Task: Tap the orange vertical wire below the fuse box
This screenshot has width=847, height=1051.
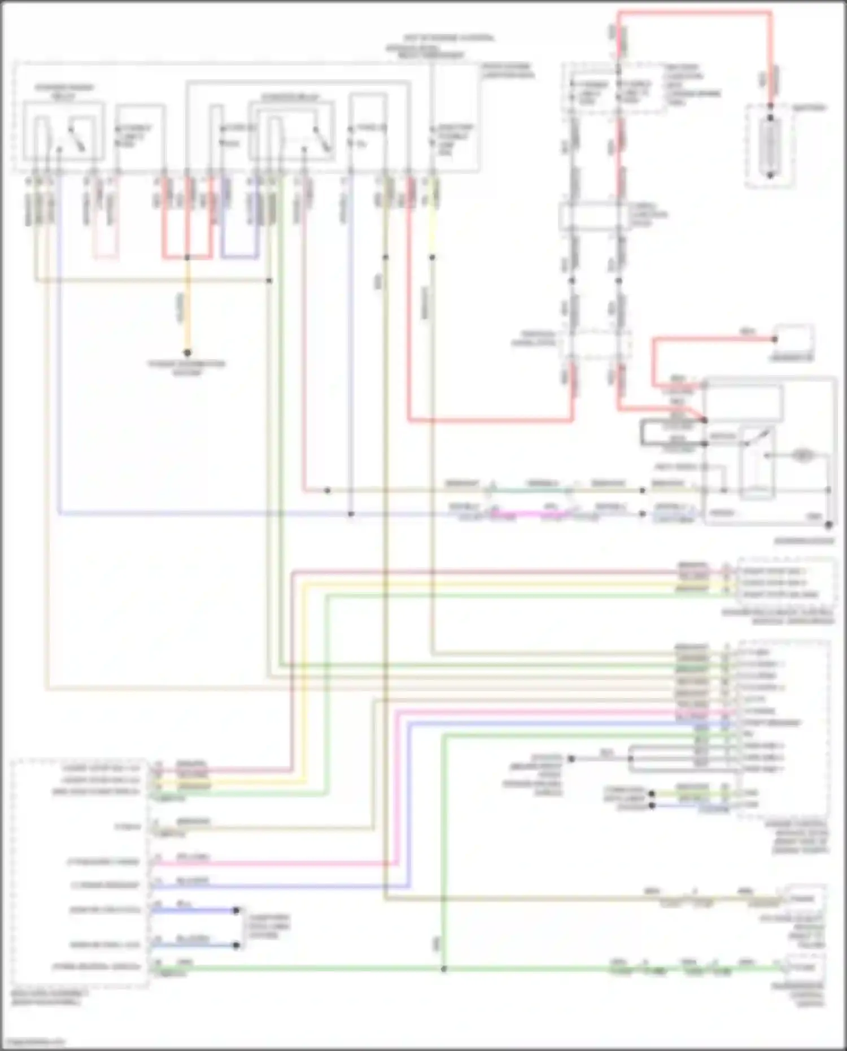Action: pyautogui.click(x=187, y=305)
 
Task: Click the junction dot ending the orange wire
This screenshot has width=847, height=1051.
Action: pyautogui.click(x=187, y=353)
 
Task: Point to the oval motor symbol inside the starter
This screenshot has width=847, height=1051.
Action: pyautogui.click(x=802, y=455)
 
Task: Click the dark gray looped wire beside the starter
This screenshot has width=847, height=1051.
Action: pyautogui.click(x=643, y=433)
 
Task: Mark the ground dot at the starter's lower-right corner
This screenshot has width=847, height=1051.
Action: pyautogui.click(x=828, y=525)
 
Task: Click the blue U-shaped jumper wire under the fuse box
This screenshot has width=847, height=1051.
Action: pyautogui.click(x=240, y=258)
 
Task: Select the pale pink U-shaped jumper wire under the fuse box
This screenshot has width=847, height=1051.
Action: pyautogui.click(x=106, y=258)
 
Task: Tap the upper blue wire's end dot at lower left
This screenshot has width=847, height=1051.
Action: pyautogui.click(x=237, y=910)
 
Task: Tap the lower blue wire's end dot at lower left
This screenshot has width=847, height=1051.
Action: pyautogui.click(x=237, y=945)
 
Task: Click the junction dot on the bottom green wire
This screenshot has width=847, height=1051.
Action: pyautogui.click(x=444, y=969)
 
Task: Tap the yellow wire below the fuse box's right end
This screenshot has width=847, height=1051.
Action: pyautogui.click(x=433, y=226)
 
